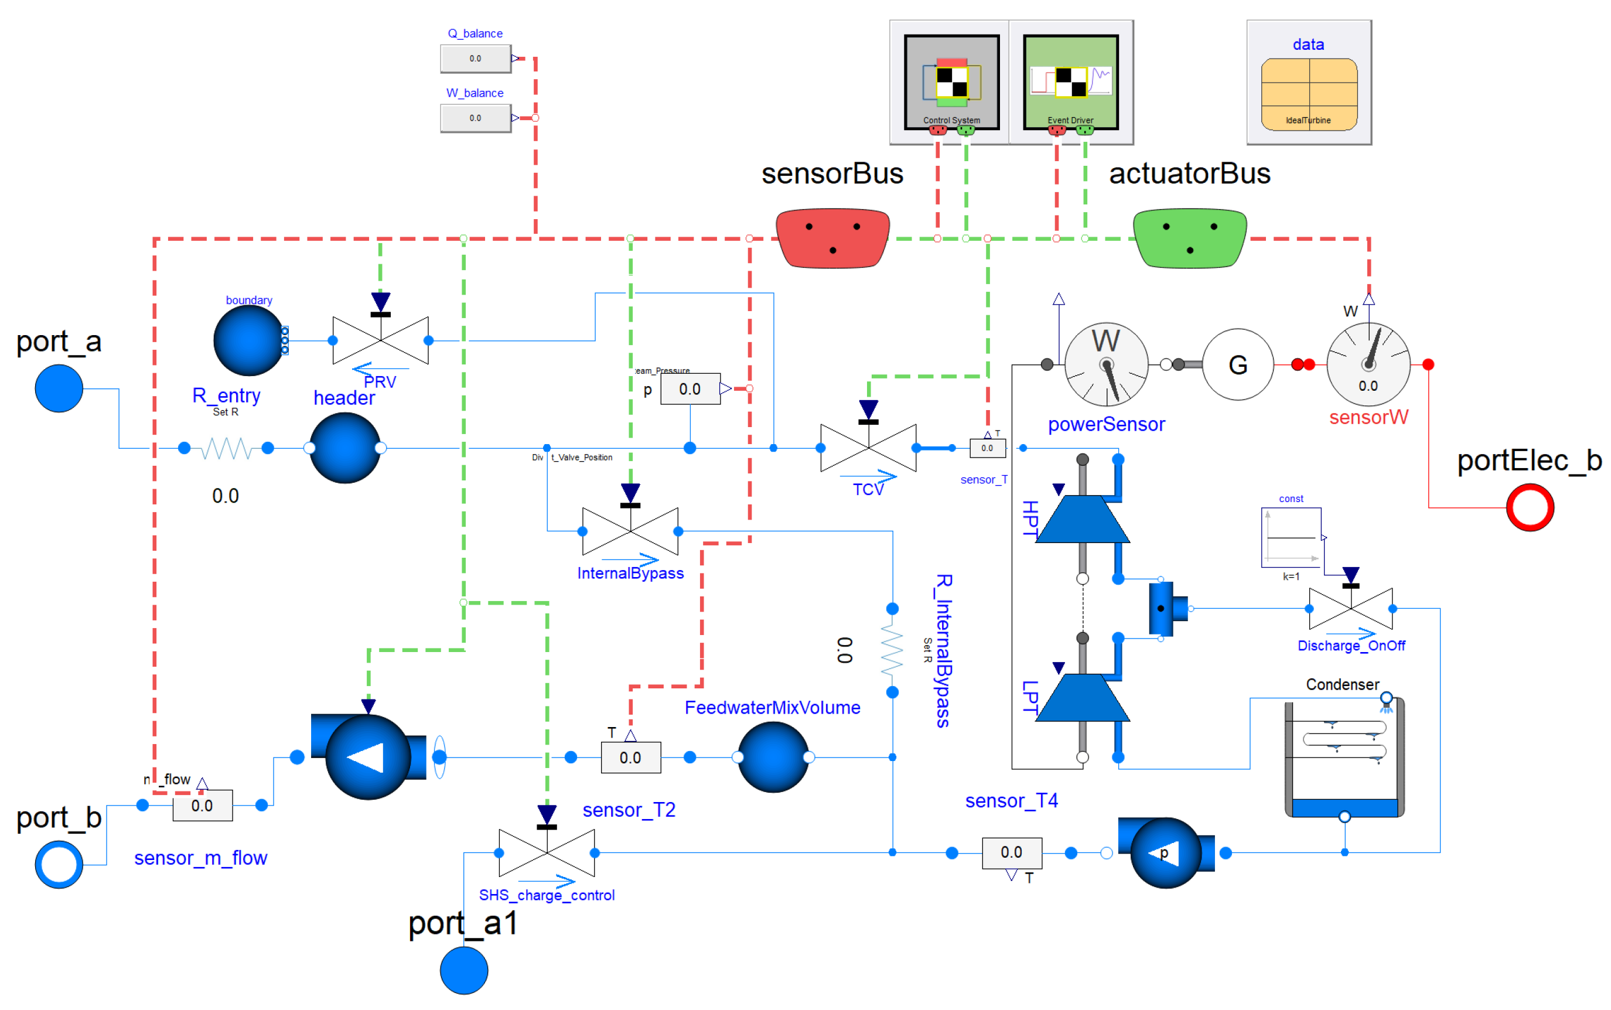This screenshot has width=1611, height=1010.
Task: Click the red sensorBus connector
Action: point(832,238)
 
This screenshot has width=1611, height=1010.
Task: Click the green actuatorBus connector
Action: point(1190,238)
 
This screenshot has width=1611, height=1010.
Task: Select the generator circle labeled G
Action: point(1237,365)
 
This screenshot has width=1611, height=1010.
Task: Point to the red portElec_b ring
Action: point(1530,508)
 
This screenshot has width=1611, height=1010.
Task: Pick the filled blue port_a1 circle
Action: point(463,970)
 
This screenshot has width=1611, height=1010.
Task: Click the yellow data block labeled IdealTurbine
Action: point(1309,94)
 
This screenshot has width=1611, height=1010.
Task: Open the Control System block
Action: point(951,81)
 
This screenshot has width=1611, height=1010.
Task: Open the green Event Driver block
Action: point(1070,81)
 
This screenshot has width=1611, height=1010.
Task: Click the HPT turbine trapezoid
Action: point(1082,519)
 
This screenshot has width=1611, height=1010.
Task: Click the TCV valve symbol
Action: point(868,448)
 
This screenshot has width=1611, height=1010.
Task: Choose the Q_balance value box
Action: point(475,59)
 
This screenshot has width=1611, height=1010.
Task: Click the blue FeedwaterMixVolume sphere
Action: point(773,757)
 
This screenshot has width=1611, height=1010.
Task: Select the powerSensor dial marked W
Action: point(1106,365)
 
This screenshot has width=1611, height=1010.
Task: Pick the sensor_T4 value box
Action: point(1011,852)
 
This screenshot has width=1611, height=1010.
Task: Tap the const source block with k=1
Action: point(1291,538)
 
